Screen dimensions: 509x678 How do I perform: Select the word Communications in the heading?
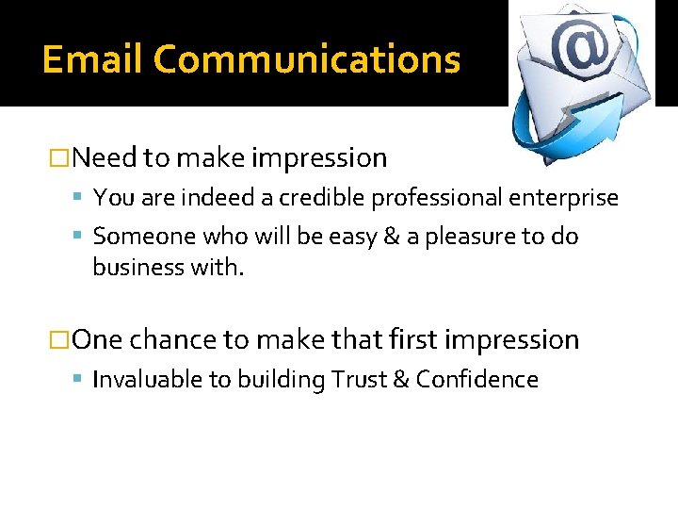307,59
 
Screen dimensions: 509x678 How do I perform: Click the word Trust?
358,380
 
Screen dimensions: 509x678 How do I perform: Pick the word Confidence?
476,380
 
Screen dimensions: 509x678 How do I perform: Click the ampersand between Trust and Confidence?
399,380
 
